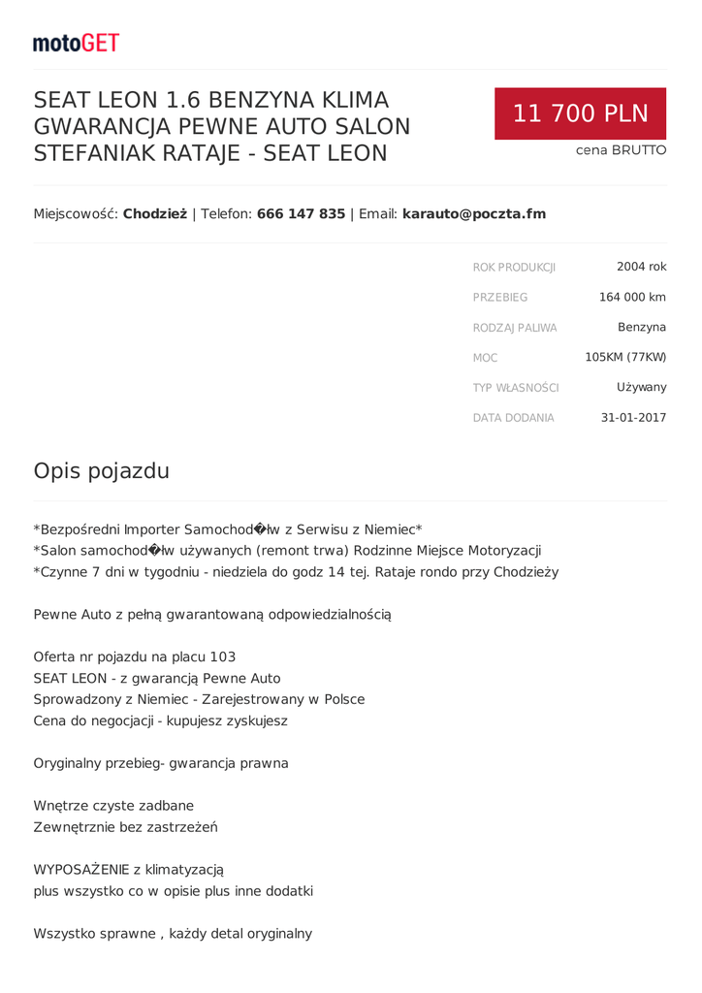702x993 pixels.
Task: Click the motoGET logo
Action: (76, 43)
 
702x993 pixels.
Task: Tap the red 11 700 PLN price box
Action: (580, 113)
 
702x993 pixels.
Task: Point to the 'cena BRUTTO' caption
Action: (621, 150)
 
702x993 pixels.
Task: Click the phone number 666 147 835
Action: (301, 213)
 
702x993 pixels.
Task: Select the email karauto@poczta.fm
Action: (473, 213)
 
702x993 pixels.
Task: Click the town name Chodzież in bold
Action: (154, 213)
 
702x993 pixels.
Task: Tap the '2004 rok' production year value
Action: (641, 267)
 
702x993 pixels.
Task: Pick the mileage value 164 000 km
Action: (632, 297)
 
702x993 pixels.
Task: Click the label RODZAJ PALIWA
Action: (515, 328)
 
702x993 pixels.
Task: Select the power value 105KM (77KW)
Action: (625, 357)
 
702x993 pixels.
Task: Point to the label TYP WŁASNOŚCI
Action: (516, 388)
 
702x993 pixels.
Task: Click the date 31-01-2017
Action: (633, 418)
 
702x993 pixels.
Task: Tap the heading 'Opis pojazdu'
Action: (102, 471)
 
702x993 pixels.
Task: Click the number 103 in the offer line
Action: (222, 657)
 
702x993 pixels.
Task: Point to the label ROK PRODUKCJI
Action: (514, 267)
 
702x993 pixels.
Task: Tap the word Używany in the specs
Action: (641, 387)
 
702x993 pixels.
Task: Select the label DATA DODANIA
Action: (513, 418)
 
